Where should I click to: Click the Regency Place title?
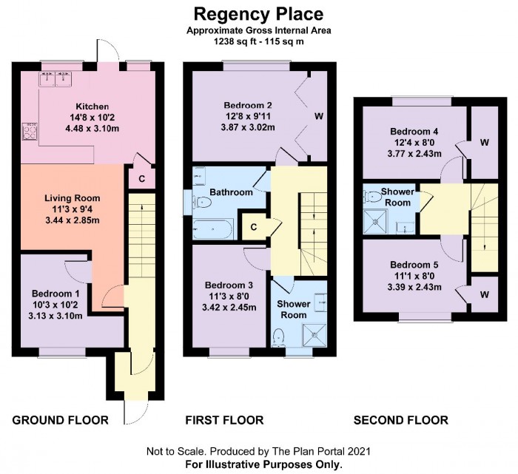pos(259,13)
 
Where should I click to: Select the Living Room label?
pos(72,198)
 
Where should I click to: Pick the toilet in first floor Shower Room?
pos(279,336)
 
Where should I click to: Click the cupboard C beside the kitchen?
pos(141,178)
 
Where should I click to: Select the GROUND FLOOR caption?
pos(61,420)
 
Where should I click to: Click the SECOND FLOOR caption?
pos(400,420)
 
